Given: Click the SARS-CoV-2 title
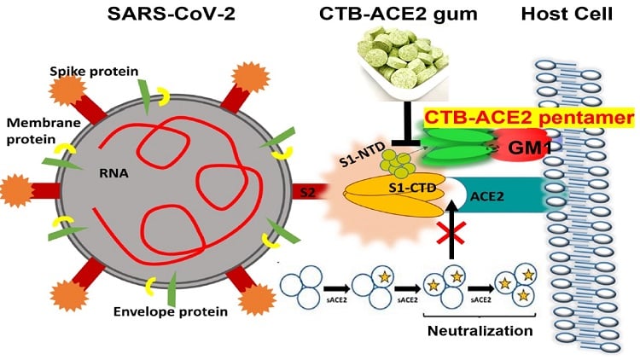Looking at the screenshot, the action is (172, 14).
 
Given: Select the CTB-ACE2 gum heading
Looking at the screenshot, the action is (398, 15).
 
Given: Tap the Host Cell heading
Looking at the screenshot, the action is (567, 14).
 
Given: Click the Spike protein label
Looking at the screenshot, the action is (94, 72).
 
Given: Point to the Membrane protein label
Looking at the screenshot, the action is (44, 131).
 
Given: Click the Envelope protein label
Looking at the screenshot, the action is (170, 312).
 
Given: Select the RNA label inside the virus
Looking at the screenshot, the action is (113, 173).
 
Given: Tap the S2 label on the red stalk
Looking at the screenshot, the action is (307, 192).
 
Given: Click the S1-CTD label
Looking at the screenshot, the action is (412, 189).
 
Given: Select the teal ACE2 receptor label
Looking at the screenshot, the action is (487, 197).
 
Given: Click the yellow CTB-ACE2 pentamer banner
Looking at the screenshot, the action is (529, 118).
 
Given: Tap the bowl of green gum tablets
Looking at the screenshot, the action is (403, 63).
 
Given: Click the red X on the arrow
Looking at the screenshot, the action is (451, 234).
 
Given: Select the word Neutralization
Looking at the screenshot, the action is (480, 331).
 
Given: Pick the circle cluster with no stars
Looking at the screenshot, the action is (301, 287).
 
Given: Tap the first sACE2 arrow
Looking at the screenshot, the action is (337, 289).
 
